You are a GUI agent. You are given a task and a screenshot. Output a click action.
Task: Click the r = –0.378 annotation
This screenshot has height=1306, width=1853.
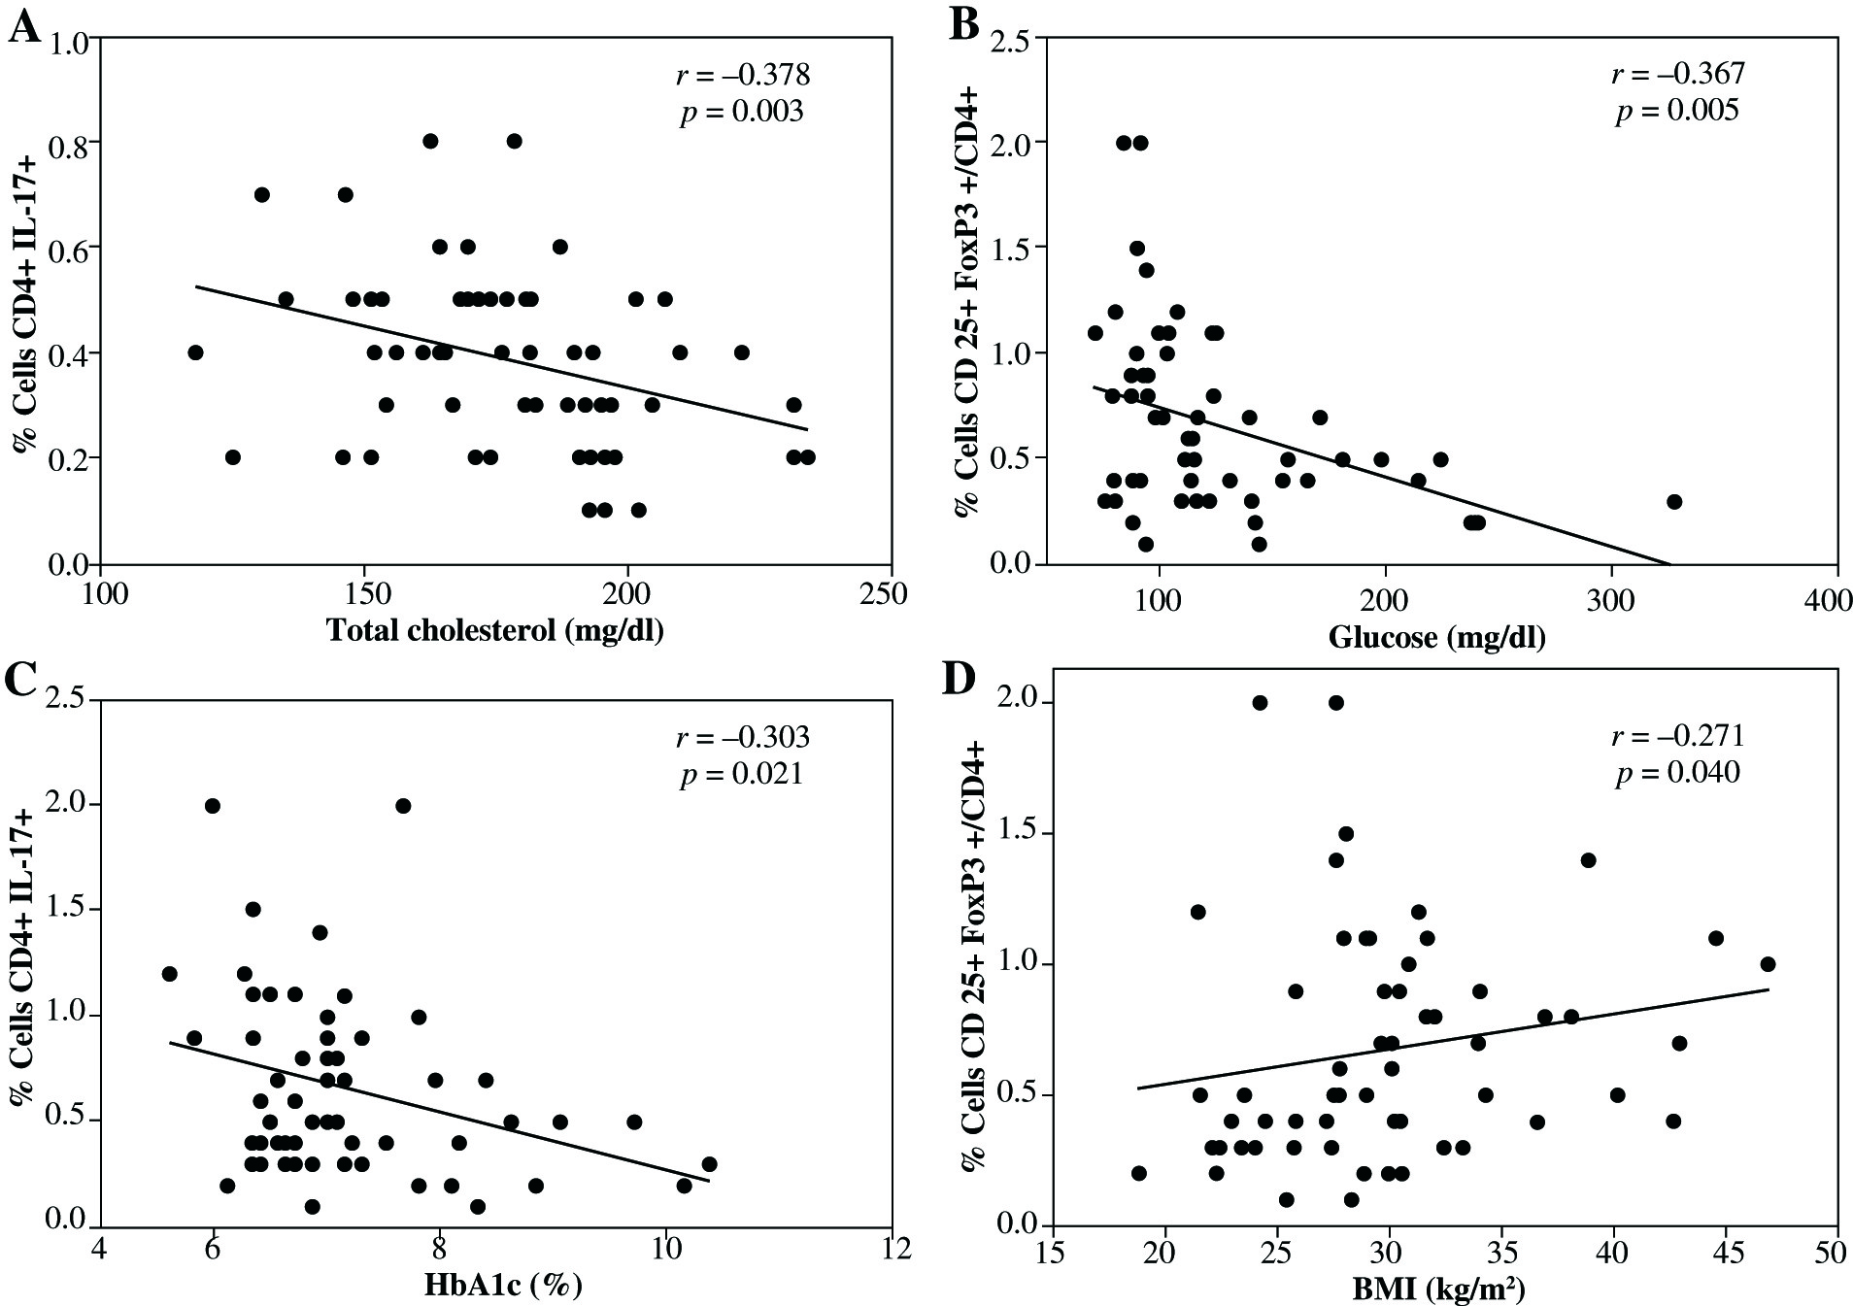pyautogui.click(x=742, y=75)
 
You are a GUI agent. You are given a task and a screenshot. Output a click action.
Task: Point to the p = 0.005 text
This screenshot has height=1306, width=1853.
pyautogui.click(x=1677, y=111)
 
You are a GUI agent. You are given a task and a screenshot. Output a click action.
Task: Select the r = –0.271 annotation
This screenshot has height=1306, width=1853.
pyautogui.click(x=1677, y=736)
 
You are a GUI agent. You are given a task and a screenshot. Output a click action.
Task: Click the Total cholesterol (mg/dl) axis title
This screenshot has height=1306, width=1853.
pyautogui.click(x=495, y=631)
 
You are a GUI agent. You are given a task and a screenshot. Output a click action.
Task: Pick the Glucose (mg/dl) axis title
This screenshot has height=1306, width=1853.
pyautogui.click(x=1436, y=637)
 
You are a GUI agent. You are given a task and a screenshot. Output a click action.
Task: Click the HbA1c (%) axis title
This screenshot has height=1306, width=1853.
pyautogui.click(x=503, y=1286)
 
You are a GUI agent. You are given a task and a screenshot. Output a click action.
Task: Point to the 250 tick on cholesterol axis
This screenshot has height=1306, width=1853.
pyautogui.click(x=891, y=592)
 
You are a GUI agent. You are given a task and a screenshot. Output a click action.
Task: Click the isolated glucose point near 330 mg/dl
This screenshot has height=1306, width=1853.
pyautogui.click(x=1673, y=502)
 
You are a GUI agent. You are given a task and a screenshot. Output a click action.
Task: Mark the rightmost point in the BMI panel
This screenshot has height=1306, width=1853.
pyautogui.click(x=1768, y=964)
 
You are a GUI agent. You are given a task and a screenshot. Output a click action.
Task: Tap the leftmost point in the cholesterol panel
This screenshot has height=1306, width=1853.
pyautogui.click(x=195, y=352)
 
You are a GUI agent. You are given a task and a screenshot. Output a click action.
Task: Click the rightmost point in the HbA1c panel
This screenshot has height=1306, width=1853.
pyautogui.click(x=709, y=1163)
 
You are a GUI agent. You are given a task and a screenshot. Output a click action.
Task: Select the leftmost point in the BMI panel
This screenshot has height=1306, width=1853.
pyautogui.click(x=1139, y=1173)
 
